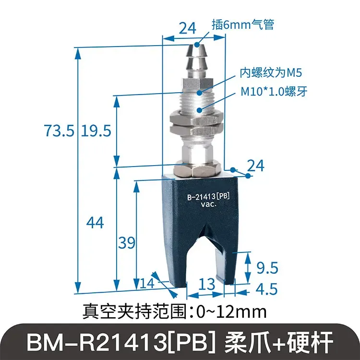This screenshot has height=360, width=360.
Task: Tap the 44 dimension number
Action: (95, 222)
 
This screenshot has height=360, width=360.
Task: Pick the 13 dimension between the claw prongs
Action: (207, 284)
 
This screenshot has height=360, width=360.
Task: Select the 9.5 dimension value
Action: (267, 267)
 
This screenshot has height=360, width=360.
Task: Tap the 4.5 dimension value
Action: (267, 289)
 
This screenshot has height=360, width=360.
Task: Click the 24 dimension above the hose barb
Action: (188, 28)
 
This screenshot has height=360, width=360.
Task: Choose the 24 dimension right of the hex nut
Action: (255, 166)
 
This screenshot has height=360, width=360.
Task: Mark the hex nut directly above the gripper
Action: (196, 169)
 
